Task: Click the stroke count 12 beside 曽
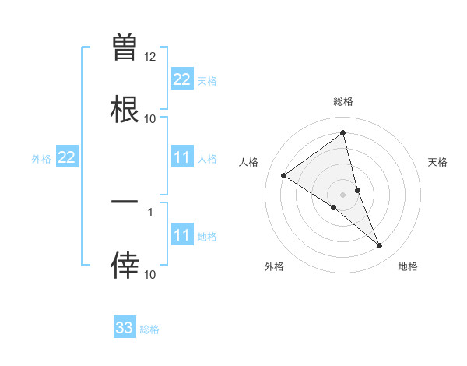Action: [x=150, y=57]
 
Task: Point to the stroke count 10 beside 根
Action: [x=150, y=119]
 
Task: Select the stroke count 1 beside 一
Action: [x=150, y=212]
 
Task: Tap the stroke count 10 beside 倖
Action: [x=150, y=274]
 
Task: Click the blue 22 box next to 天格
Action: [x=181, y=79]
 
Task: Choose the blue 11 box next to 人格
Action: [x=181, y=158]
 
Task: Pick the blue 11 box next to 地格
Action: [x=181, y=235]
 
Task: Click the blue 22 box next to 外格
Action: [x=66, y=158]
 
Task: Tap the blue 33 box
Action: [x=125, y=328]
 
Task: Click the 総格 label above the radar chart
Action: [x=343, y=101]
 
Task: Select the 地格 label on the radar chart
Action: [x=408, y=266]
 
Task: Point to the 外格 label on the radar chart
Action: [x=274, y=266]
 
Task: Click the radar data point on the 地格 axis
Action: [x=380, y=246]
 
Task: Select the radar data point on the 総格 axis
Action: [x=343, y=133]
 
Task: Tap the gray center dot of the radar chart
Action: [x=343, y=194]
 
